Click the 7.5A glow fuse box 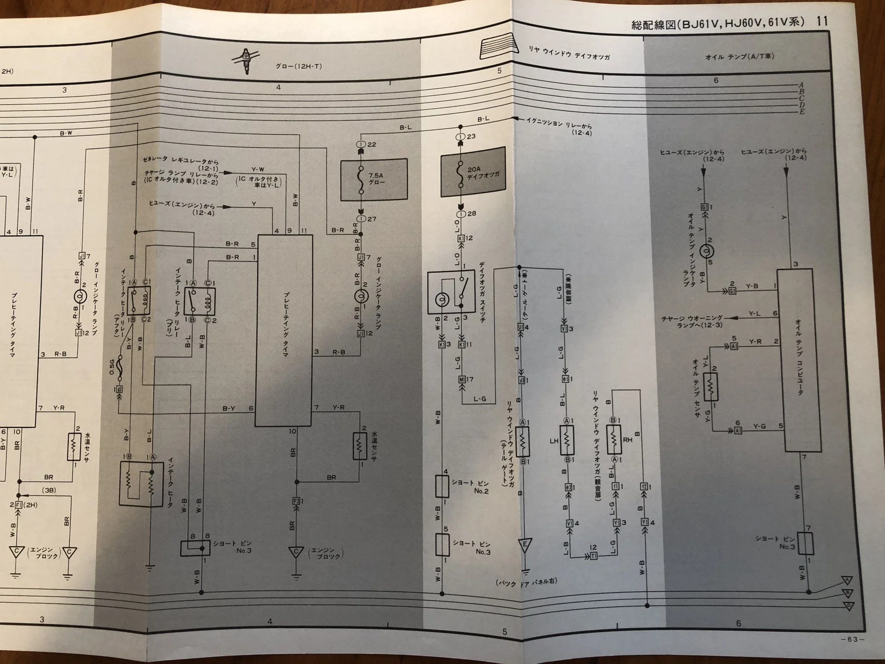click(374, 179)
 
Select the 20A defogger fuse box click(473, 172)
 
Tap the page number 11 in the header click(822, 21)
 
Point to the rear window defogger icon click(498, 46)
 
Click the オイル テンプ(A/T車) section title click(739, 57)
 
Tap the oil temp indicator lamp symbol click(707, 251)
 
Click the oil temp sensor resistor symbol click(711, 386)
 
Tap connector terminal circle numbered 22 click(361, 144)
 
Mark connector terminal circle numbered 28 click(460, 214)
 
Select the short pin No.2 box click(442, 486)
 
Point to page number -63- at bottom click(852, 639)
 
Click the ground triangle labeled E click(525, 545)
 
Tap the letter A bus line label click(802, 85)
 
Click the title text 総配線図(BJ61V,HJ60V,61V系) click(718, 23)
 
